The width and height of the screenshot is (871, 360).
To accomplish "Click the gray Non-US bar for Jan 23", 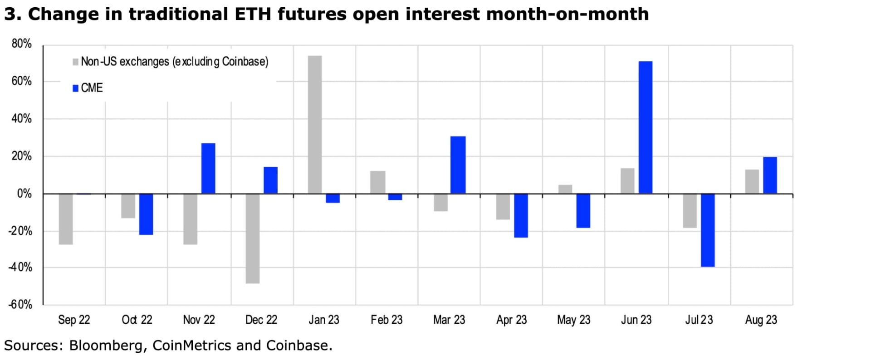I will pos(315,125).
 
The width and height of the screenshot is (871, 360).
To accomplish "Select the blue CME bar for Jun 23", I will pos(645,127).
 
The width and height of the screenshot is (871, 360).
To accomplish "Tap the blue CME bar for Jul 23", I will pos(708,230).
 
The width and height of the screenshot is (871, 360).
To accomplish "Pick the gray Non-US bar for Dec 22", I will pos(253,238).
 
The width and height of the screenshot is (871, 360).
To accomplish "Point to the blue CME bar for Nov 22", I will pos(208,169).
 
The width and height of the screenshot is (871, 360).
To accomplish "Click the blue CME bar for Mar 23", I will pos(458,165).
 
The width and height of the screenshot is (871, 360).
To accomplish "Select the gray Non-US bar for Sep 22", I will pos(66,219).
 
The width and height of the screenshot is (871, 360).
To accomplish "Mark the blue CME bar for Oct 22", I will pos(146,214).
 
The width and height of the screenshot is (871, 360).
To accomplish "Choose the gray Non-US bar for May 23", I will pos(565,189).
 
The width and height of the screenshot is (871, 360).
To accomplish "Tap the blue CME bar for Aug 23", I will pos(770,175).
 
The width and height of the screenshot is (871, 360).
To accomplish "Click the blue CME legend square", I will pos(75,88).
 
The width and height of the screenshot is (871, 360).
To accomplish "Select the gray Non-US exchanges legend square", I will pos(75,62).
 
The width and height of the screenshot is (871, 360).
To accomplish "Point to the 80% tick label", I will pos(22,44).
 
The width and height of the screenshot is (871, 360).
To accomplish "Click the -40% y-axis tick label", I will pos(20,267).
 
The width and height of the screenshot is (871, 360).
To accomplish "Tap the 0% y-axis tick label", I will pos(24,194).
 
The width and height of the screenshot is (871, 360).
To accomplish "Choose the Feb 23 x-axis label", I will pos(387,320).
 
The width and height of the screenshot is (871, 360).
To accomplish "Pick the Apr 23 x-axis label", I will pos(512,320).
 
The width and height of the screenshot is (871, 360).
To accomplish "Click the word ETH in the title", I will pos(253,14).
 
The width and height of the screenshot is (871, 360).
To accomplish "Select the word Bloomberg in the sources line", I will pos(106,345).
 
